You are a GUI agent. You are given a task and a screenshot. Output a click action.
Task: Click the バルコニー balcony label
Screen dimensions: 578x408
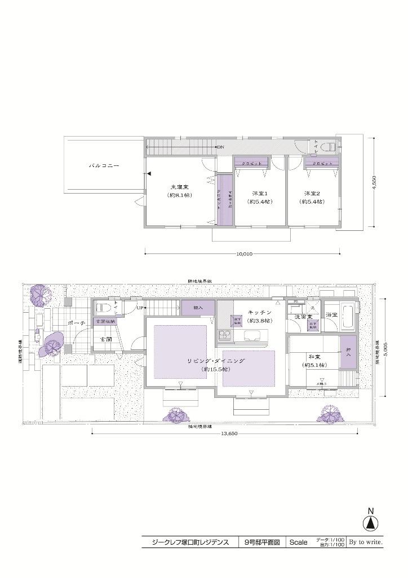point(104,167)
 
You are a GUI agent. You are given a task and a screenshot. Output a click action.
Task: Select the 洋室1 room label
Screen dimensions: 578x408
point(259,193)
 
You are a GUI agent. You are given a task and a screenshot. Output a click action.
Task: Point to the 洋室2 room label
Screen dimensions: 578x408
point(312,193)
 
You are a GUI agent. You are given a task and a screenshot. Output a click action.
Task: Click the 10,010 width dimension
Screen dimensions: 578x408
point(243,254)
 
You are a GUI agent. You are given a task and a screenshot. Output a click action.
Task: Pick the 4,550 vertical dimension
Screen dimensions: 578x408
point(374,182)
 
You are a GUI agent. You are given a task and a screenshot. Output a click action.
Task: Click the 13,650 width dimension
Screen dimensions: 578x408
point(224,433)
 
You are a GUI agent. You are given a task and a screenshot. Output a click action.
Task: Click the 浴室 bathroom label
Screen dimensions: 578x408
point(331,314)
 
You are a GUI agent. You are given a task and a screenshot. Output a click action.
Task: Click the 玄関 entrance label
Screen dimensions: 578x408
point(105,339)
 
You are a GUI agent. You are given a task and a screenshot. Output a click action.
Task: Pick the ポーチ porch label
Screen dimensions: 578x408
point(75,323)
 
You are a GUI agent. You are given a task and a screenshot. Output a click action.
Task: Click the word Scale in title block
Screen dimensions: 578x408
point(298,542)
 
